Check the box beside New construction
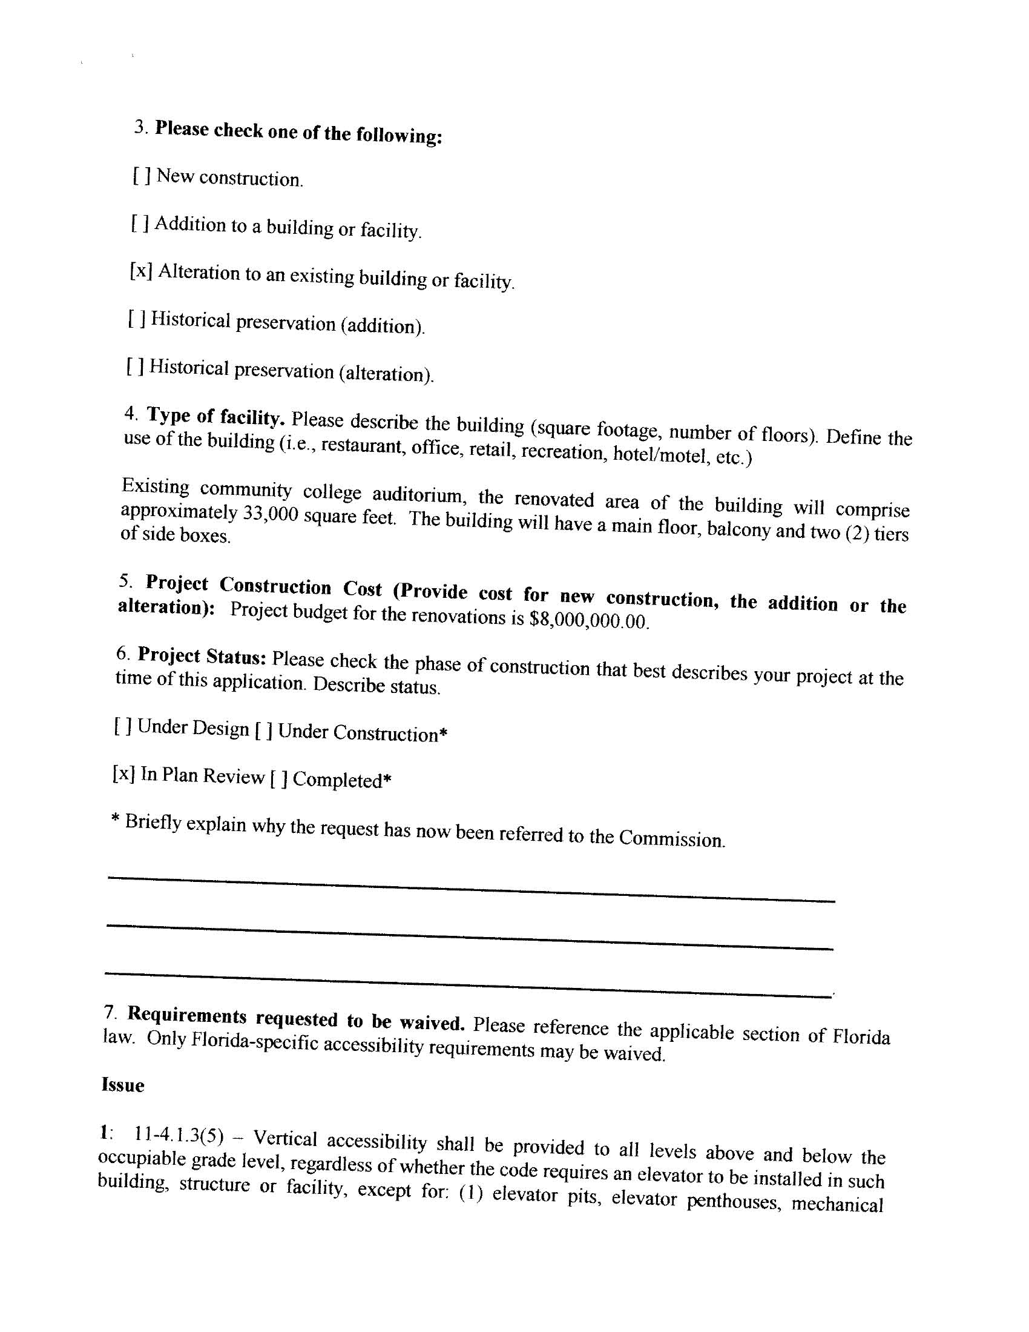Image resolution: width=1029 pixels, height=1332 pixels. click(x=142, y=176)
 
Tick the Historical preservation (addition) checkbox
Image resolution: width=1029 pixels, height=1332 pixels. click(x=137, y=319)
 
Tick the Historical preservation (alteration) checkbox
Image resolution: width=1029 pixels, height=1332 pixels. click(x=136, y=366)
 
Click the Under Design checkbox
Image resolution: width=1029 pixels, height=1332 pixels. click(x=123, y=726)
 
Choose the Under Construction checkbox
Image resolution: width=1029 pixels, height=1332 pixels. click(x=264, y=730)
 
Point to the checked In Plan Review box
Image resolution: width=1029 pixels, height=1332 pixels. click(x=123, y=774)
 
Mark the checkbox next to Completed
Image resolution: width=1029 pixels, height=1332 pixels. click(x=278, y=778)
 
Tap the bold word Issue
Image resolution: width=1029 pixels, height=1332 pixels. click(x=123, y=1085)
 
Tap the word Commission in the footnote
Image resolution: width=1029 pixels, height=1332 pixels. click(x=671, y=838)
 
